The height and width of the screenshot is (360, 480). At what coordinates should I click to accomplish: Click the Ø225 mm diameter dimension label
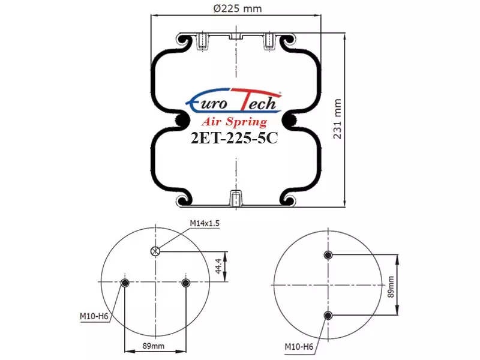tap(238, 8)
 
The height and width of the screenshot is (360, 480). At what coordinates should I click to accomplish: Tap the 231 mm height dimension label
tap(337, 119)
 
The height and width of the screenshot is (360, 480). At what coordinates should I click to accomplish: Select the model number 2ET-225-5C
tap(234, 137)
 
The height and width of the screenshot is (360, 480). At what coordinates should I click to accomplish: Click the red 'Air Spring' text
tap(234, 122)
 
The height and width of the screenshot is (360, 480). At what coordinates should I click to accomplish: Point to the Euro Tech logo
tap(234, 100)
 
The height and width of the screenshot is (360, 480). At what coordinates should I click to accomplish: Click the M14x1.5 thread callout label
tap(205, 223)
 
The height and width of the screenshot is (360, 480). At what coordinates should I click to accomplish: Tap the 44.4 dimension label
tap(218, 266)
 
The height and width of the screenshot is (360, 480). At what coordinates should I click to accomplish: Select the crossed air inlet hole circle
tap(155, 251)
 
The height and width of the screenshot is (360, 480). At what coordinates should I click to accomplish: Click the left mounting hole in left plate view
tap(125, 283)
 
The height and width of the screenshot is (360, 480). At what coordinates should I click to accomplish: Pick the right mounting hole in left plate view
tap(186, 283)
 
